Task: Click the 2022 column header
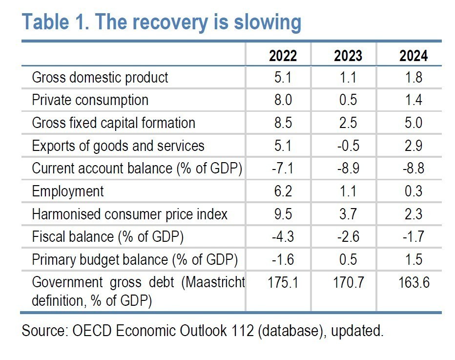point(283,56)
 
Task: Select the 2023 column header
point(348,56)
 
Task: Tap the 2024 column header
point(414,56)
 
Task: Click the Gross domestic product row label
point(100,78)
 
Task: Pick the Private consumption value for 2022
point(283,100)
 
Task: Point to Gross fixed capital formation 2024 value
point(414,123)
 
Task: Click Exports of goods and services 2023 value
point(348,146)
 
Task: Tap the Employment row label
point(67,191)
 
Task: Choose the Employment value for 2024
point(414,191)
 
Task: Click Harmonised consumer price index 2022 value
point(283,214)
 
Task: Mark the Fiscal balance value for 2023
point(348,236)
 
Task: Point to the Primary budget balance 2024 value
point(414,259)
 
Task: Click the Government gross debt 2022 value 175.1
point(283,282)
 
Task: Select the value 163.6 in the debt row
point(414,282)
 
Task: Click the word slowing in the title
point(268,22)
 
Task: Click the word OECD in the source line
point(92,330)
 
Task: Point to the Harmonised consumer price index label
point(129,214)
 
